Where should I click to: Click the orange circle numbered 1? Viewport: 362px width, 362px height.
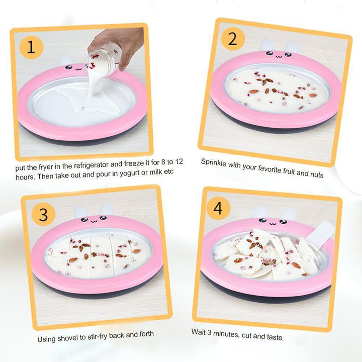click(31, 47)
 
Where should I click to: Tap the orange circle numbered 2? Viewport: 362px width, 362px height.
click(233, 39)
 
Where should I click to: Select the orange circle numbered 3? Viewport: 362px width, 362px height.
click(43, 214)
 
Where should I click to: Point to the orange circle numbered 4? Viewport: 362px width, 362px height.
click(218, 208)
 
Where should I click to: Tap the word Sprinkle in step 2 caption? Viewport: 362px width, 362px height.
click(214, 162)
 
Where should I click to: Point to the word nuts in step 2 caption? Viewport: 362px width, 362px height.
click(317, 174)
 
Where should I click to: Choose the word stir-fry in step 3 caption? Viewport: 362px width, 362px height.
click(98, 336)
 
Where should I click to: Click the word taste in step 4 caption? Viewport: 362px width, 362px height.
click(275, 337)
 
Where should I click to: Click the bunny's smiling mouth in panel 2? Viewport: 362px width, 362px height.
click(279, 56)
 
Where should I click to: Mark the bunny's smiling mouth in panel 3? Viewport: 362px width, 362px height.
click(94, 221)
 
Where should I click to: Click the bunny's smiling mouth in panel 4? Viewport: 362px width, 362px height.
click(273, 223)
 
